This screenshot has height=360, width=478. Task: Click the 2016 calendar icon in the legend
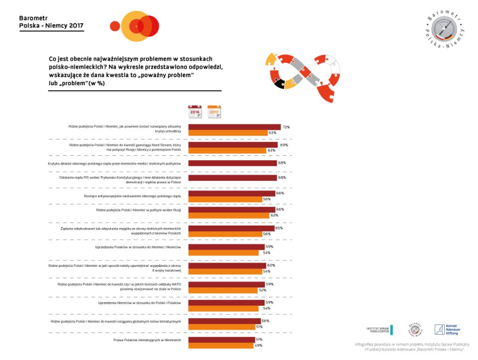[x=195, y=111]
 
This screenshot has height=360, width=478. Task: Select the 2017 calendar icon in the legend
[x=214, y=111]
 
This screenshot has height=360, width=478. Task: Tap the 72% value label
[x=286, y=127]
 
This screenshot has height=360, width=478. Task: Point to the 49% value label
[x=258, y=345]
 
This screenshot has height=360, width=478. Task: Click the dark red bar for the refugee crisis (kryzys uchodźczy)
[x=234, y=127]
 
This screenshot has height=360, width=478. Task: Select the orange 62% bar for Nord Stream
[x=227, y=150]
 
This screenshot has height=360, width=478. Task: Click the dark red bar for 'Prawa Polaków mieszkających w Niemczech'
[x=221, y=339]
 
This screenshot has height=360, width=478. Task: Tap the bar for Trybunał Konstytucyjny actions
[x=232, y=178]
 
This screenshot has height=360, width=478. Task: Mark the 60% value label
[x=271, y=265]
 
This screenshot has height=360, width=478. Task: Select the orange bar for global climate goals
[x=221, y=327]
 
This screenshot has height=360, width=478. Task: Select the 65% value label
[x=279, y=228]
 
